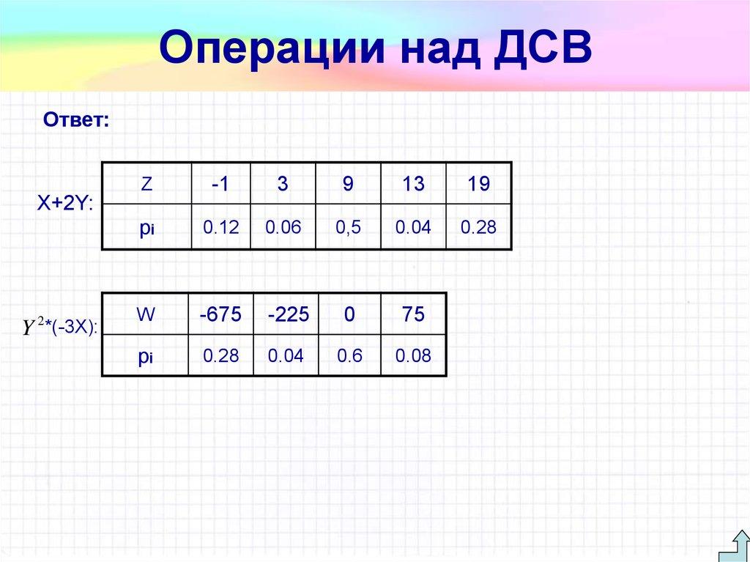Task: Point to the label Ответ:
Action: pos(76,119)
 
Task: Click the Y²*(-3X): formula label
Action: pos(60,328)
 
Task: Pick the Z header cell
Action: pos(146,184)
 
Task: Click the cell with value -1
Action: pos(220,184)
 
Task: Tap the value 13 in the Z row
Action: pos(413,184)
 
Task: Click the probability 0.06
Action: pos(283,228)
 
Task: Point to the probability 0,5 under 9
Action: pos(348,228)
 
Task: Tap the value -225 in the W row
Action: pos(289,315)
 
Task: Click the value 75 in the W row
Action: pos(413,315)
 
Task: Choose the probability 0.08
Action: pos(413,356)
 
